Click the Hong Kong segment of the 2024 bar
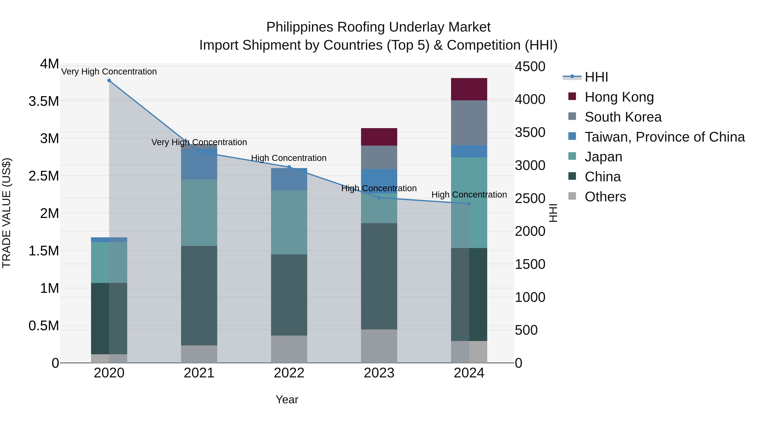[469, 89]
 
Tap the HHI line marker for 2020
[109, 80]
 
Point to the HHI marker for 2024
[469, 203]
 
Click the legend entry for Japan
[603, 157]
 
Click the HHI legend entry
[596, 77]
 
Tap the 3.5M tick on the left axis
[44, 101]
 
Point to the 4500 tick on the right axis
[530, 66]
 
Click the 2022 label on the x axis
[289, 373]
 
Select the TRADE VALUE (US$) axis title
[7, 213]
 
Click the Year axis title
[287, 399]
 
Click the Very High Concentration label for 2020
[109, 72]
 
